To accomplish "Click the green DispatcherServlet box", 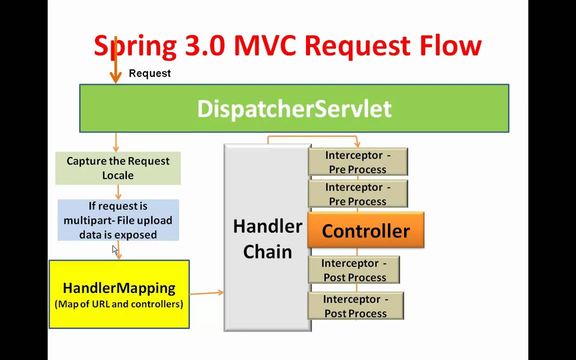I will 294,108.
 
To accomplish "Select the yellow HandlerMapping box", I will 119,294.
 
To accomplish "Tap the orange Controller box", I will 365,230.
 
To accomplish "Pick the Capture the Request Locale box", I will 118,168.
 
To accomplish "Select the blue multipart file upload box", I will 118,220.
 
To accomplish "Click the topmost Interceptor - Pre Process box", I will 357,162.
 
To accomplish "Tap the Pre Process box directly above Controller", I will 357,194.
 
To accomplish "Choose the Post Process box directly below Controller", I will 354,270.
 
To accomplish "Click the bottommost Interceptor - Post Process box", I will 355,306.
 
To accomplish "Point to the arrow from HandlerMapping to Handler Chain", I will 206,292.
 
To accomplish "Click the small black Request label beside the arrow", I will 149,73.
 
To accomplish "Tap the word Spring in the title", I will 135,46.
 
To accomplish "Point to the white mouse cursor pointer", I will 114,249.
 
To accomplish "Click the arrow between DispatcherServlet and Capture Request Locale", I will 116,142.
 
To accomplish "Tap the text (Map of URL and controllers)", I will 119,304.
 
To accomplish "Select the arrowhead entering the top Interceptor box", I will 357,144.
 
